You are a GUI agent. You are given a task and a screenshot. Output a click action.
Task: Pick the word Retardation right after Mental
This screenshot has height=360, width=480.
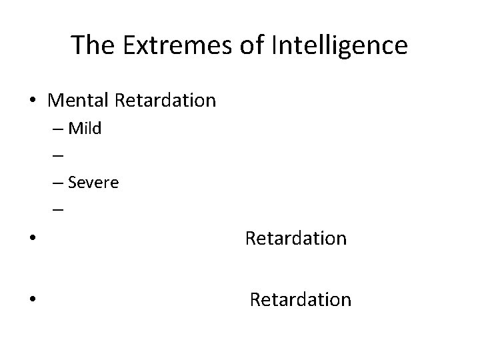pyautogui.click(x=165, y=101)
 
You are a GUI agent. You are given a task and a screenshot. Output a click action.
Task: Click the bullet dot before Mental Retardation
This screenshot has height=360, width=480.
pyautogui.click(x=33, y=101)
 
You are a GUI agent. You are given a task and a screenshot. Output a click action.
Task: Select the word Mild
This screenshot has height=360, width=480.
pyautogui.click(x=85, y=129)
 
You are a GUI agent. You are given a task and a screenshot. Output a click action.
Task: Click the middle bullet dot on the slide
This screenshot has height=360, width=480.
pyautogui.click(x=33, y=239)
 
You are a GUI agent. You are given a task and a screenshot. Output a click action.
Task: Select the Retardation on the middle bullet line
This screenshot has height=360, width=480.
pyautogui.click(x=296, y=238)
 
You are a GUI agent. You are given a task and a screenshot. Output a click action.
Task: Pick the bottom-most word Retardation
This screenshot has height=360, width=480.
pyautogui.click(x=300, y=300)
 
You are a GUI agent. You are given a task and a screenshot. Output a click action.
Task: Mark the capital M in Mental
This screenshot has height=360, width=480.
pyautogui.click(x=55, y=101)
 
